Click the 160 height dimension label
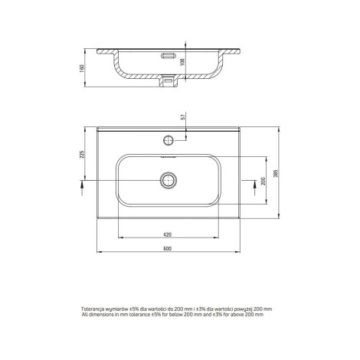(82, 68)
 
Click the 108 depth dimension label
(182, 62)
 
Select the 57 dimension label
(182, 117)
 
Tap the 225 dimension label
(82, 155)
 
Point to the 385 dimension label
(275, 173)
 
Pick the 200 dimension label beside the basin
(263, 181)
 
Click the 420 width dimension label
(168, 234)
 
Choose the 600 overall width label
(168, 248)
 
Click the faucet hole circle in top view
(169, 140)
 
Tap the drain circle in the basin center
(169, 181)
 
